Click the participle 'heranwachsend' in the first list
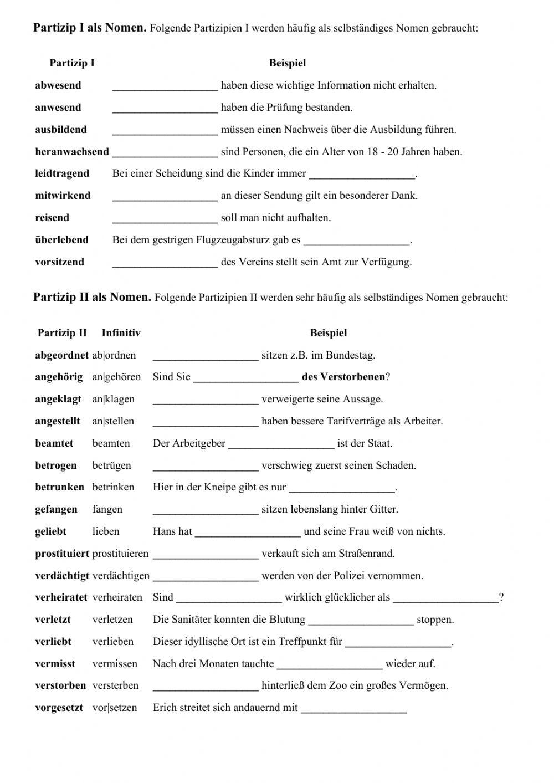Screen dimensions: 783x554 tap(72, 152)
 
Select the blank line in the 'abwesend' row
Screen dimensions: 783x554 tap(165, 86)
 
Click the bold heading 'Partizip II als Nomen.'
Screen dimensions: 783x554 tap(92, 297)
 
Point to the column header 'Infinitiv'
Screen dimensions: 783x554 tap(121, 333)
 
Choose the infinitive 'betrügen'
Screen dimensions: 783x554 tap(111, 465)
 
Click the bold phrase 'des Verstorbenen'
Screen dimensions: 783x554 tap(343, 377)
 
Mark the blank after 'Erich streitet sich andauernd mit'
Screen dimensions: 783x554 tap(353, 709)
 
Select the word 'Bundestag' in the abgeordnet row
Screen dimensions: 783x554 tap(351, 355)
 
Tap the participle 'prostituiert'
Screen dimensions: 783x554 tap(62, 554)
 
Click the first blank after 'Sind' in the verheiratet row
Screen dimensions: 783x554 tap(229, 598)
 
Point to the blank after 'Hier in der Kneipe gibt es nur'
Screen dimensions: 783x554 tap(342, 489)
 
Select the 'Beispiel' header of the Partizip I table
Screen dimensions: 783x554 tap(287, 63)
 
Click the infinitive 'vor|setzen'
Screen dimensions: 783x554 tap(114, 708)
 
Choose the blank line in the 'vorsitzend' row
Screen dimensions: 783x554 tap(165, 263)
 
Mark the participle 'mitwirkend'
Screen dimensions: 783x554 tap(63, 196)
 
